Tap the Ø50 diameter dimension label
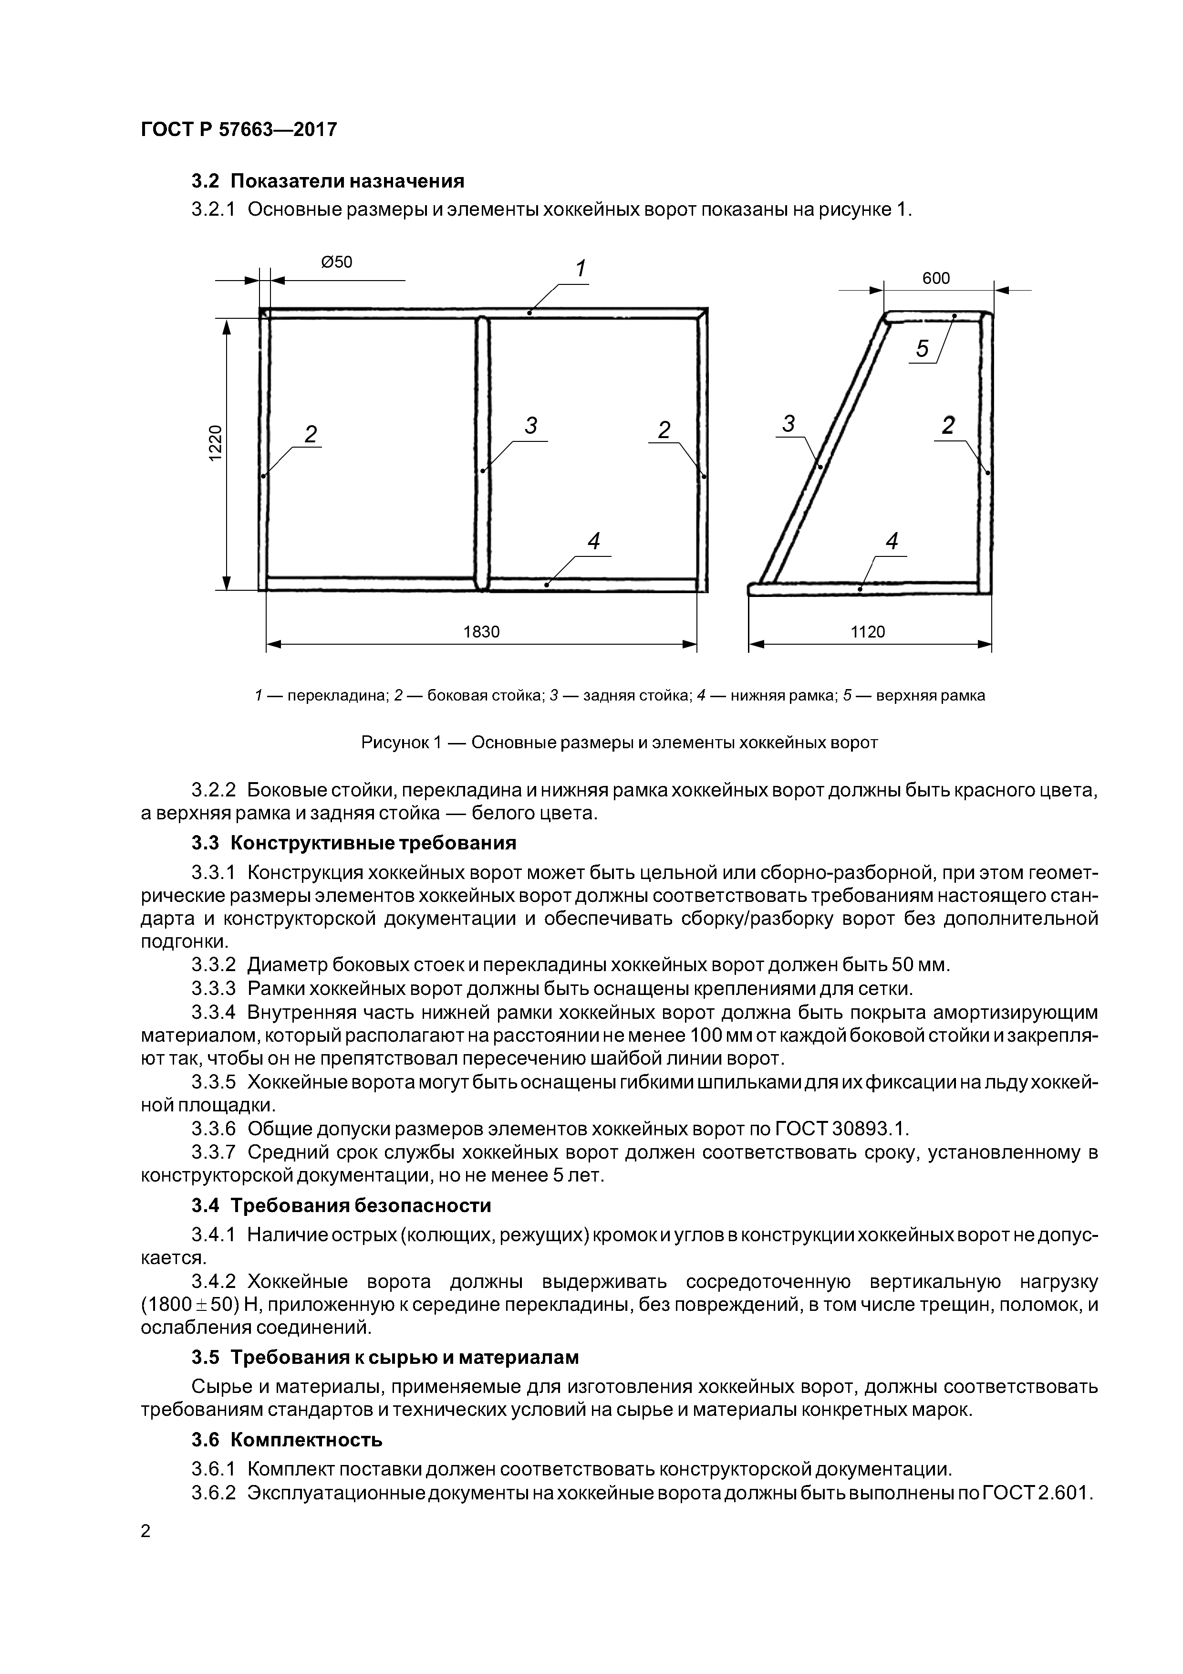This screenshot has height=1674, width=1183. click(336, 262)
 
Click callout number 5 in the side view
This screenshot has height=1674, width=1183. click(923, 349)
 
